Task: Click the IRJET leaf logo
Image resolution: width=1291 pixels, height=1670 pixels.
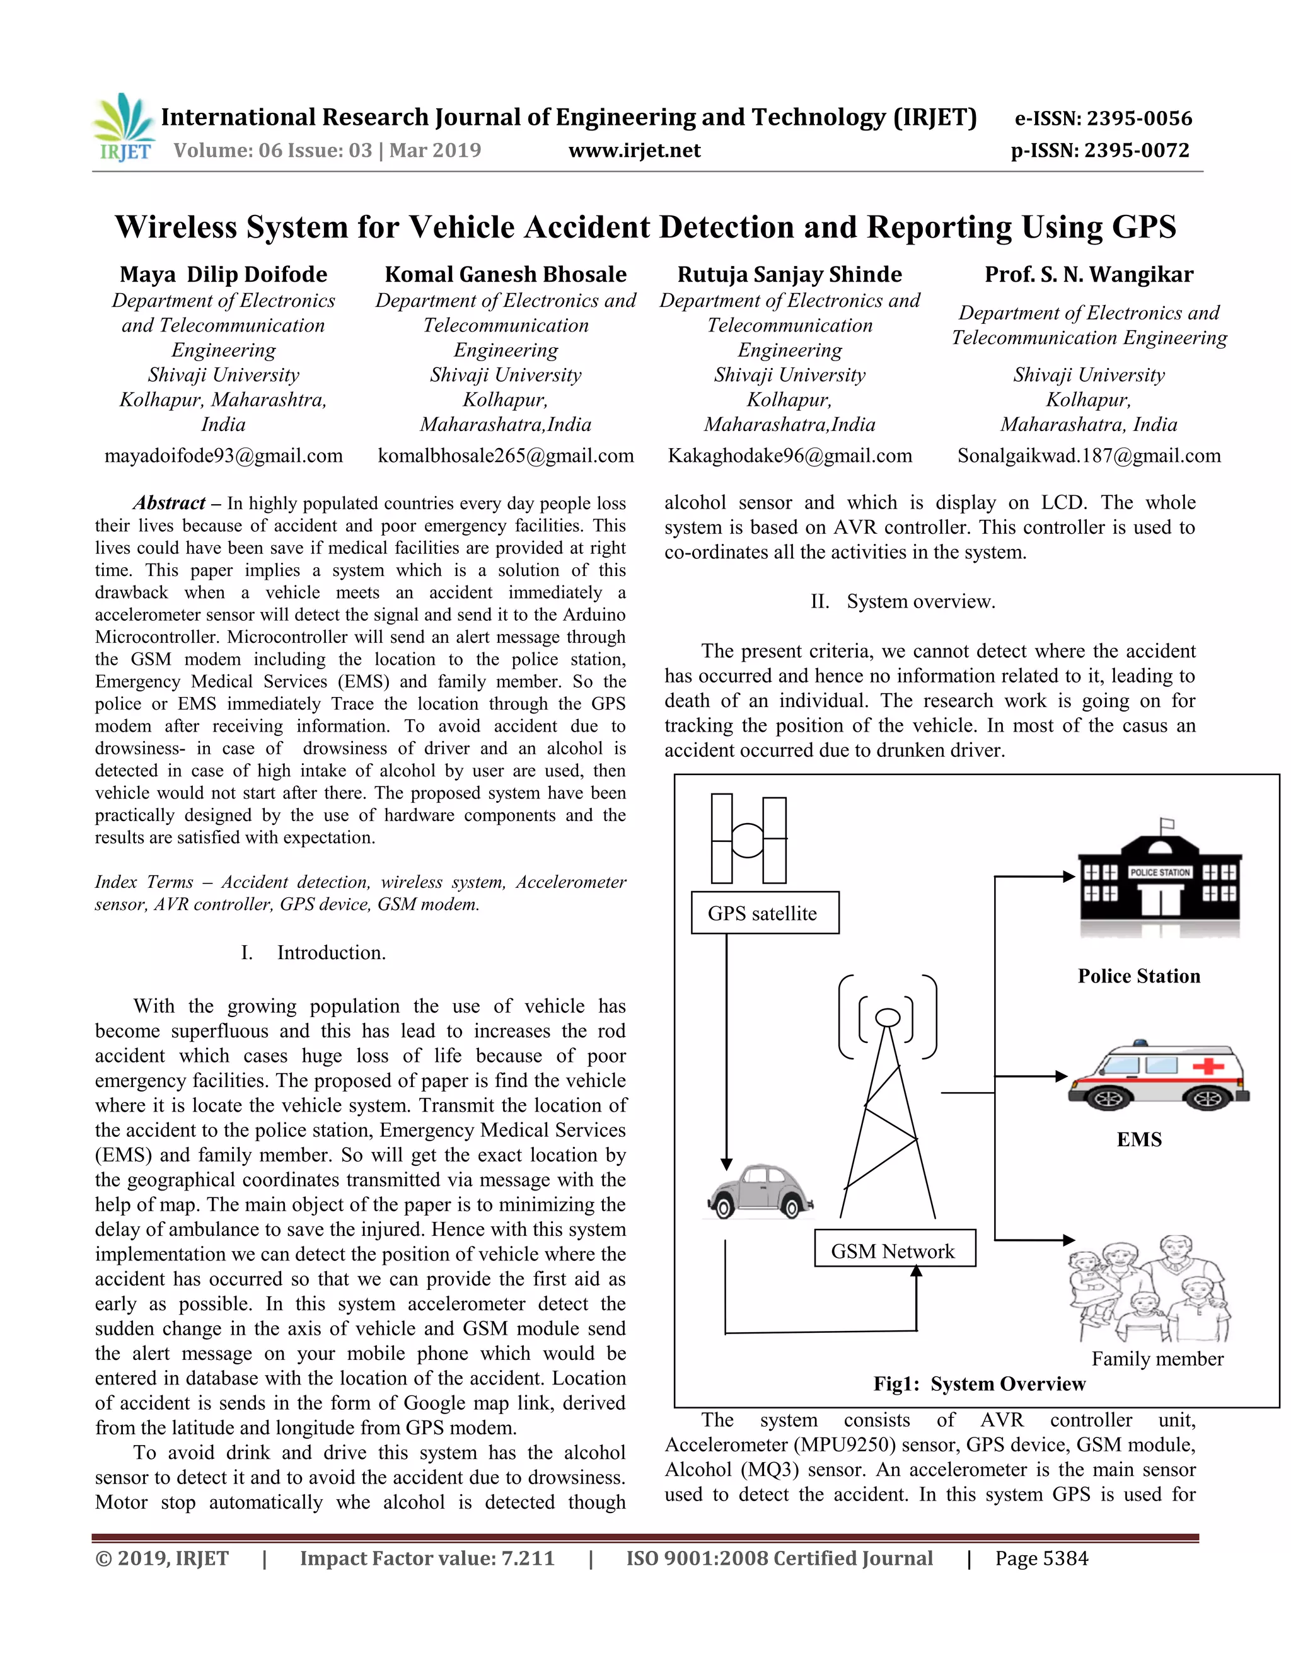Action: (123, 126)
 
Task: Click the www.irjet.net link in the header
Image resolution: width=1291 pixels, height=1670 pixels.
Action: (635, 150)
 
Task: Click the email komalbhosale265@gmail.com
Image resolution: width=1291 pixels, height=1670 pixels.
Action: (506, 456)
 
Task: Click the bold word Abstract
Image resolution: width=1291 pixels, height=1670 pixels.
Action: (169, 502)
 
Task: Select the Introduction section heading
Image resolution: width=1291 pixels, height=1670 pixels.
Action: (330, 952)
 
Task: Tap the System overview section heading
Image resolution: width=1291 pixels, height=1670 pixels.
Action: (920, 601)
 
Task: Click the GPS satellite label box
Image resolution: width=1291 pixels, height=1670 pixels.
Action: (764, 913)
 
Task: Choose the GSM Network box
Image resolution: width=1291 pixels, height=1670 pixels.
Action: (894, 1251)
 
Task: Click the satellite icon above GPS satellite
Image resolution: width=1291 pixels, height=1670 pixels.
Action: (749, 839)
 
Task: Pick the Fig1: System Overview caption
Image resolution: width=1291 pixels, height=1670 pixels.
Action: (979, 1383)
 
